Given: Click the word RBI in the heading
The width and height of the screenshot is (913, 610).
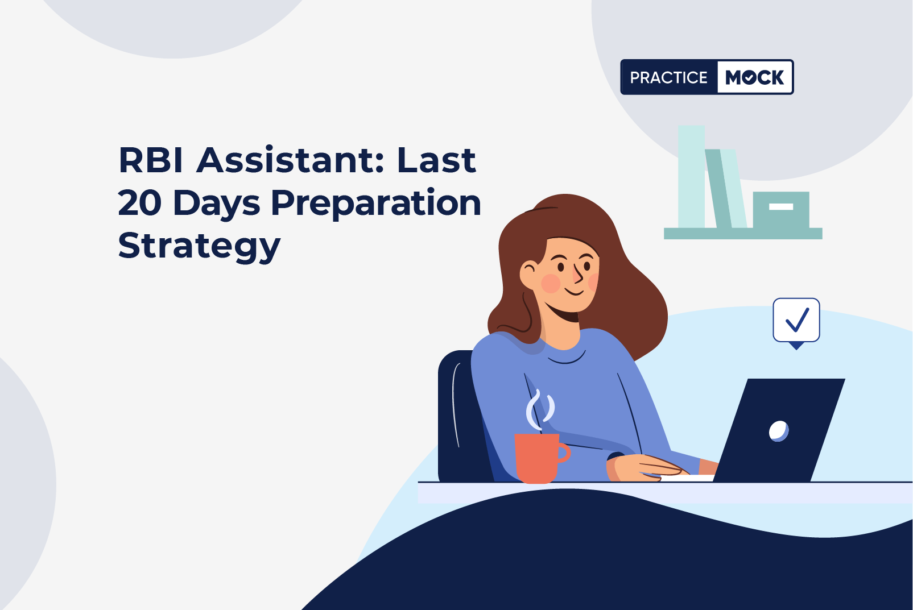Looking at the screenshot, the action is pyautogui.click(x=151, y=160).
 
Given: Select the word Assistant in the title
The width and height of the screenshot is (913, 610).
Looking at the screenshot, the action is pyautogui.click(x=290, y=160).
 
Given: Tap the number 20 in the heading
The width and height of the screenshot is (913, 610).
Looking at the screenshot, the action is pyautogui.click(x=139, y=203).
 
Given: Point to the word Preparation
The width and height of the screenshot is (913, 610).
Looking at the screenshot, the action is pyautogui.click(x=376, y=204).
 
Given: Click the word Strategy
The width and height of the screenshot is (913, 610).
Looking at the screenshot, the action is pyautogui.click(x=199, y=247).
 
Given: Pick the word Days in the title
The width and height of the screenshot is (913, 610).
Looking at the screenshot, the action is pyautogui.click(x=217, y=204).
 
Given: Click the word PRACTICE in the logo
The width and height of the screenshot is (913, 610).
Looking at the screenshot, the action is pyautogui.click(x=668, y=77).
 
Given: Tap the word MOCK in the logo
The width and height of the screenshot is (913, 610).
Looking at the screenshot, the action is pyautogui.click(x=754, y=77).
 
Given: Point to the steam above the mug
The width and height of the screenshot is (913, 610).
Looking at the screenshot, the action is pyautogui.click(x=540, y=409).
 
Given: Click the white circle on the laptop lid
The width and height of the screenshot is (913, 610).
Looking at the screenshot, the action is pyautogui.click(x=779, y=431).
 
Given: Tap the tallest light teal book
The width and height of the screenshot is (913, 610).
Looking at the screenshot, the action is pyautogui.click(x=691, y=176).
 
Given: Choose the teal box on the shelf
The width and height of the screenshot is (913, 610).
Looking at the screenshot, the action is pyautogui.click(x=781, y=210).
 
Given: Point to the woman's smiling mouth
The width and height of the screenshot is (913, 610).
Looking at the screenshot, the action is pyautogui.click(x=574, y=292).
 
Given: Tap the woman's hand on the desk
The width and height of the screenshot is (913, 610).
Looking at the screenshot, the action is pyautogui.click(x=646, y=467).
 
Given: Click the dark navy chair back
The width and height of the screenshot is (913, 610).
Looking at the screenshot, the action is pyautogui.click(x=461, y=416).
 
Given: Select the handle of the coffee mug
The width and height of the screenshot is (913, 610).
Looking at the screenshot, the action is pyautogui.click(x=564, y=453).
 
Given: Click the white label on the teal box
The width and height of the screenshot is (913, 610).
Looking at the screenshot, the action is pyautogui.click(x=781, y=207).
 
